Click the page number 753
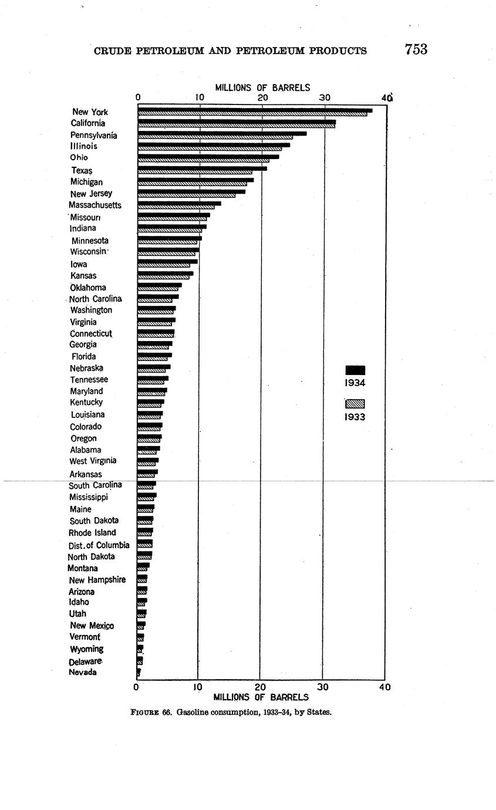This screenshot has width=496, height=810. (416, 49)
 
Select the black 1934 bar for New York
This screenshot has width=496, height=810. (255, 110)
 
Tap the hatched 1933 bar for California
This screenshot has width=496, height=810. (236, 126)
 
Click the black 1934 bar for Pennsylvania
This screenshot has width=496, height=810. (222, 133)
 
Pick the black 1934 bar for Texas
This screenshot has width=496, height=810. (202, 168)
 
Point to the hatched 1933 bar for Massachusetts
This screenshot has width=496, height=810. (176, 207)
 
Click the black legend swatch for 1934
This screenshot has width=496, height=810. (355, 370)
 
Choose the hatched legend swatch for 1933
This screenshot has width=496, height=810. (355, 404)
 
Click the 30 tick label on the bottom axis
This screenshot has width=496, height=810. (323, 687)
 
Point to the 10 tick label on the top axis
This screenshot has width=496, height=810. (200, 98)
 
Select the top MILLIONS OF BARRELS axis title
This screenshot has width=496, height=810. (262, 88)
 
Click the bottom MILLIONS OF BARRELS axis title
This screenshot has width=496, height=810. (261, 697)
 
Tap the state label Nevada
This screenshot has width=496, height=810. (83, 673)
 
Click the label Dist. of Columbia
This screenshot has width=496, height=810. (99, 545)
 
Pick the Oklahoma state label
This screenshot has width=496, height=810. (88, 288)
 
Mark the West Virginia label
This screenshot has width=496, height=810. (93, 461)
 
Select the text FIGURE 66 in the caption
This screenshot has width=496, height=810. (151, 713)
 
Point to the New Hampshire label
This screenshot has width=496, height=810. (97, 580)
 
